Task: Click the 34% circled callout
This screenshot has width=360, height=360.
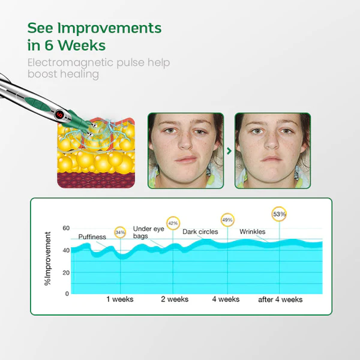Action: coord(120,232)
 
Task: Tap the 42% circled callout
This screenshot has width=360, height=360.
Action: coord(173,223)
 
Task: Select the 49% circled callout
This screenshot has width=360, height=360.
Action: coord(227,220)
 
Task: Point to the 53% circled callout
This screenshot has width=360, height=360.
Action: coord(280,213)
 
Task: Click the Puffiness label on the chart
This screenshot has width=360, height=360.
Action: coord(92,237)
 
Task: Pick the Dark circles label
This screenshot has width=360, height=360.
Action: coord(200,232)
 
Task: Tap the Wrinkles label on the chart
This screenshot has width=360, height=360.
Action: coord(253,232)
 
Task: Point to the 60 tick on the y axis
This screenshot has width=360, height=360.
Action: coord(66,229)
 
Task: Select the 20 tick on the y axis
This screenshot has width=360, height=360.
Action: coord(66,272)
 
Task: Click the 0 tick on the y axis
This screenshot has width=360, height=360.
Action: coord(67,293)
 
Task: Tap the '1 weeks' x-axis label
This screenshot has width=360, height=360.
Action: coord(120,299)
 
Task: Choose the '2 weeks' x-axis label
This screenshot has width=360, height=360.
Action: coord(174,299)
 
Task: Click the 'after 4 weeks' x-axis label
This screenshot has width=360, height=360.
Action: coord(280,299)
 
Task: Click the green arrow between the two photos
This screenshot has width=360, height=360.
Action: coord(229,151)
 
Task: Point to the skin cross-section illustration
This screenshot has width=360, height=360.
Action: coord(96,153)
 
